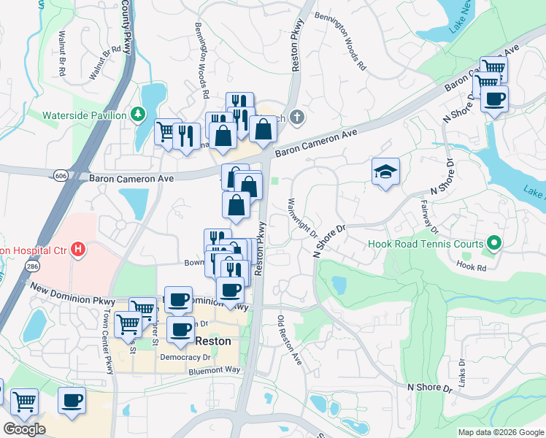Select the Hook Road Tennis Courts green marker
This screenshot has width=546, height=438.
494,243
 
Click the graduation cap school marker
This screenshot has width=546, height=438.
385,172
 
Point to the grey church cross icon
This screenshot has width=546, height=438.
297,116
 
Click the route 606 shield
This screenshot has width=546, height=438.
61,175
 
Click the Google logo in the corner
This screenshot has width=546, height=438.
24,429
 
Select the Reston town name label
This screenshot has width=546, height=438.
213,341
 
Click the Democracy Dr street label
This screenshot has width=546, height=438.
185,357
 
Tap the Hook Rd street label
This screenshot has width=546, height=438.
471,267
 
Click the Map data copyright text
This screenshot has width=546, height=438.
501,432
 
